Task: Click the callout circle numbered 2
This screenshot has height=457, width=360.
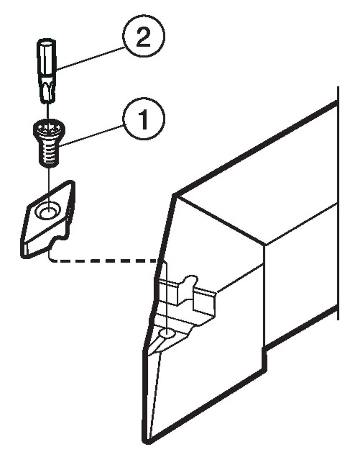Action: tap(144, 36)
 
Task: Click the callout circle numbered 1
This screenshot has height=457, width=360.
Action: tap(144, 118)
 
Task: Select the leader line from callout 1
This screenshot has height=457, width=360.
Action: tap(91, 136)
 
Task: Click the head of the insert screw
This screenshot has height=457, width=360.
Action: tap(49, 131)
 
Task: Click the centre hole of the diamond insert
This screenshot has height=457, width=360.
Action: tap(48, 211)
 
